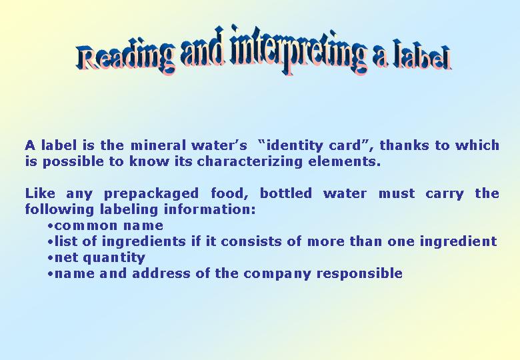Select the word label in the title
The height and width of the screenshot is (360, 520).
tap(421, 56)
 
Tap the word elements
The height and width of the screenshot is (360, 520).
tap(344, 162)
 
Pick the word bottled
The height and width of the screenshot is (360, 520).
tap(285, 193)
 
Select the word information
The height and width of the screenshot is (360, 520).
tap(209, 209)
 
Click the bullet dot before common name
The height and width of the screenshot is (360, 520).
tap(51, 226)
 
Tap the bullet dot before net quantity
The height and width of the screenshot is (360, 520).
tap(51, 258)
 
